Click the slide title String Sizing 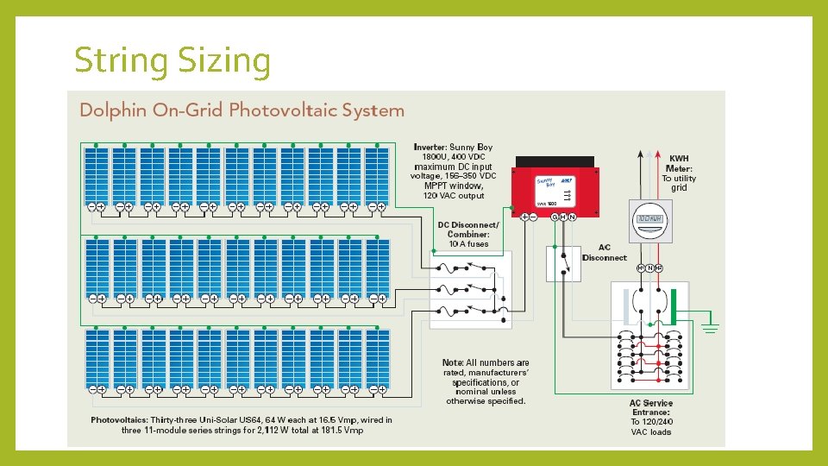tap(172, 60)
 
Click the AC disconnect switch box tap(563, 262)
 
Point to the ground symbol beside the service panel tap(711, 326)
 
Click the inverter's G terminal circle tap(555, 217)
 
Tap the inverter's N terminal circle tap(573, 217)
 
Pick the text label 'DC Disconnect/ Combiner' tap(468, 230)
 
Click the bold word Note tap(453, 362)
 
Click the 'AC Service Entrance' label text tap(650, 408)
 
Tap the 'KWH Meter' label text tap(679, 164)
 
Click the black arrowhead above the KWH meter tap(639, 153)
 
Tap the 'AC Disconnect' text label tap(604, 253)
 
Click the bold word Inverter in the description tap(430, 148)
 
